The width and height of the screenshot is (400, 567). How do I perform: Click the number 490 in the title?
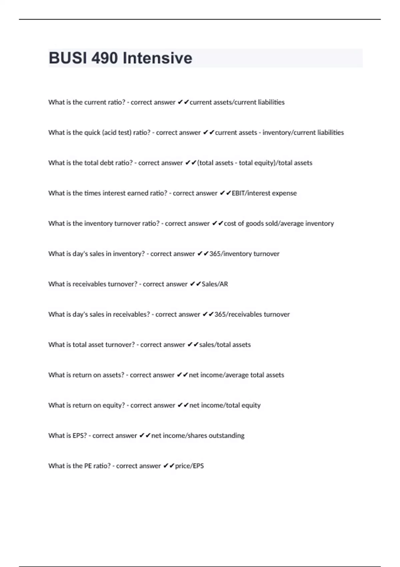click(104, 58)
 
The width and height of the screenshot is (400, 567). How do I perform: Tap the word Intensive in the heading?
click(157, 58)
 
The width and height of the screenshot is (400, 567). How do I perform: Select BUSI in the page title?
click(68, 58)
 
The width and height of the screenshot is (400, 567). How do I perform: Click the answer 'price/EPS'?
click(189, 466)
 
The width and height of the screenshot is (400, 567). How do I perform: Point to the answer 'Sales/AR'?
click(215, 284)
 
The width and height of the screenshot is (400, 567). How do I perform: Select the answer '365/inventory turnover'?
click(244, 254)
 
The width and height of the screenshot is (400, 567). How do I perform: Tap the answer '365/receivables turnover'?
click(252, 314)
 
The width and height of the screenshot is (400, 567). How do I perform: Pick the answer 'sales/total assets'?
click(225, 345)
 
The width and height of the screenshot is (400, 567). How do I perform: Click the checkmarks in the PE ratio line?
click(169, 466)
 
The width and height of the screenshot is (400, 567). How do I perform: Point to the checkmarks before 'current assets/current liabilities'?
click(183, 102)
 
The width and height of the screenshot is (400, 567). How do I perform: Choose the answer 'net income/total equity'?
click(225, 405)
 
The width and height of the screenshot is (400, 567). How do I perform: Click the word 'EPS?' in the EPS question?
click(77, 436)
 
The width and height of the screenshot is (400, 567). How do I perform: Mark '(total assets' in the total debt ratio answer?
click(215, 163)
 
